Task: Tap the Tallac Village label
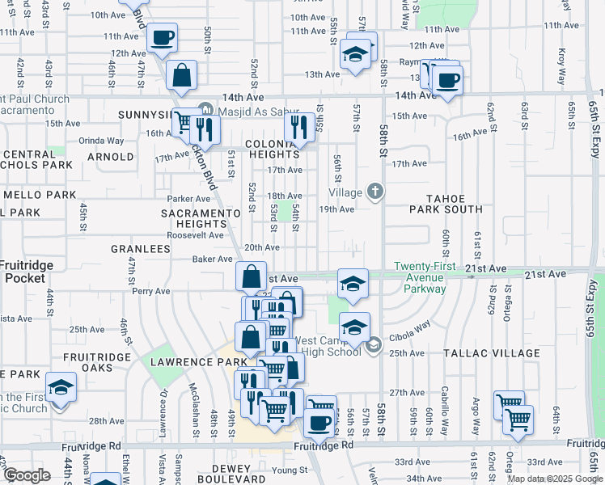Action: pyautogui.click(x=491, y=353)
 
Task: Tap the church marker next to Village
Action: pyautogui.click(x=374, y=192)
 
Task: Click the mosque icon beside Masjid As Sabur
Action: pyautogui.click(x=205, y=109)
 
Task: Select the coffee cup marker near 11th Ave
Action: pyautogui.click(x=162, y=37)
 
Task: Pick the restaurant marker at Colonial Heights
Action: pyautogui.click(x=301, y=126)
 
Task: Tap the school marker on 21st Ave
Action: pyautogui.click(x=353, y=283)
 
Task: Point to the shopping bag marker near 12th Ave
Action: pyautogui.click(x=182, y=76)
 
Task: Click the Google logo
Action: pyautogui.click(x=27, y=475)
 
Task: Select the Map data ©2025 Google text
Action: pyautogui.click(x=554, y=479)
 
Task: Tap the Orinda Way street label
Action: pyautogui.click(x=101, y=140)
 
